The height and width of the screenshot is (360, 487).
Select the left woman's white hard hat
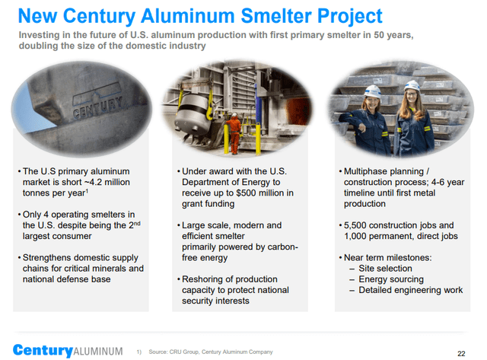(x=372, y=91)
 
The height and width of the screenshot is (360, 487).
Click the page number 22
(x=461, y=352)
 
